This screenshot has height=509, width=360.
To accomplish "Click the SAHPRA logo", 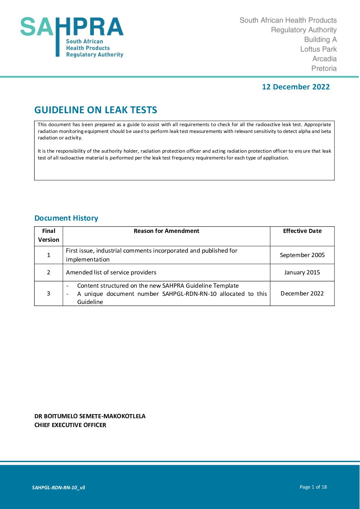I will coord(72,37).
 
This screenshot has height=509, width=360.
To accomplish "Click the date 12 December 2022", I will coord(296,87).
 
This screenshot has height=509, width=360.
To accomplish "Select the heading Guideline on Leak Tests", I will coord(96,110).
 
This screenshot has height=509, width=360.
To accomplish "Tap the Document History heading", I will coord(66,218).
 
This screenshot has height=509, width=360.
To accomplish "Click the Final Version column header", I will coord(49,235).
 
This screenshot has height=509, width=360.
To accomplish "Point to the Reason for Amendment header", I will coord(166,231).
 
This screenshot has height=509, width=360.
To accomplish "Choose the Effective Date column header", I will coord(302,231).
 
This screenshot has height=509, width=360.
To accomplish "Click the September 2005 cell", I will coord(302,255).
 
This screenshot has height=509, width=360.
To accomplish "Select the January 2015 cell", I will coord(302,272).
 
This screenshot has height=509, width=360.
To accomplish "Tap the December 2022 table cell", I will coord(302,293).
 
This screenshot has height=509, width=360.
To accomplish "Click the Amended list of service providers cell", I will coord(111,272).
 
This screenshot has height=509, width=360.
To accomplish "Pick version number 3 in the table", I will coord(49,293).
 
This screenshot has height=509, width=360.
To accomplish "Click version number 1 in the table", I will coord(49,255).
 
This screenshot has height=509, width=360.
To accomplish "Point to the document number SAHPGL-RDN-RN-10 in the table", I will coord(189,294).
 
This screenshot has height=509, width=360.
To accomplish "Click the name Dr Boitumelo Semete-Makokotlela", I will coord(90,416).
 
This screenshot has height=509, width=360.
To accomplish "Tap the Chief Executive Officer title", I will coord(70,425).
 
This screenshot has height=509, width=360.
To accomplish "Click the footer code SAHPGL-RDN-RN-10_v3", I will coord(59,488).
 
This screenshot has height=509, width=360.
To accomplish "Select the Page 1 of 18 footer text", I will coord(313,487).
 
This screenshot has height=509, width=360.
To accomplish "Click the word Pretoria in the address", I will coord(324,68).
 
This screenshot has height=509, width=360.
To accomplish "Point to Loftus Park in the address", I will coord(318,49).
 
